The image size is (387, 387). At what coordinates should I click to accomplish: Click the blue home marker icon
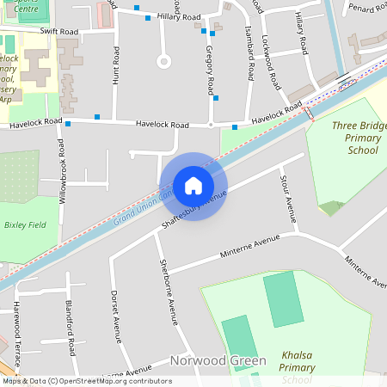pyautogui.click(x=193, y=186)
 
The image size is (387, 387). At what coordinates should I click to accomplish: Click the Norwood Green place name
pyautogui.click(x=218, y=360)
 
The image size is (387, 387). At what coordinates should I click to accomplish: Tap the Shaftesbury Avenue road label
pyautogui.click(x=193, y=210)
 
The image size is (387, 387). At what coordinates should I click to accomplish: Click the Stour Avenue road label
pyautogui.click(x=287, y=199)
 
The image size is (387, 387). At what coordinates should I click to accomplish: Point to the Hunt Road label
pyautogui.click(x=115, y=65)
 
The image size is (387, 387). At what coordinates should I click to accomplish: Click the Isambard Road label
pyautogui.click(x=250, y=52)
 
